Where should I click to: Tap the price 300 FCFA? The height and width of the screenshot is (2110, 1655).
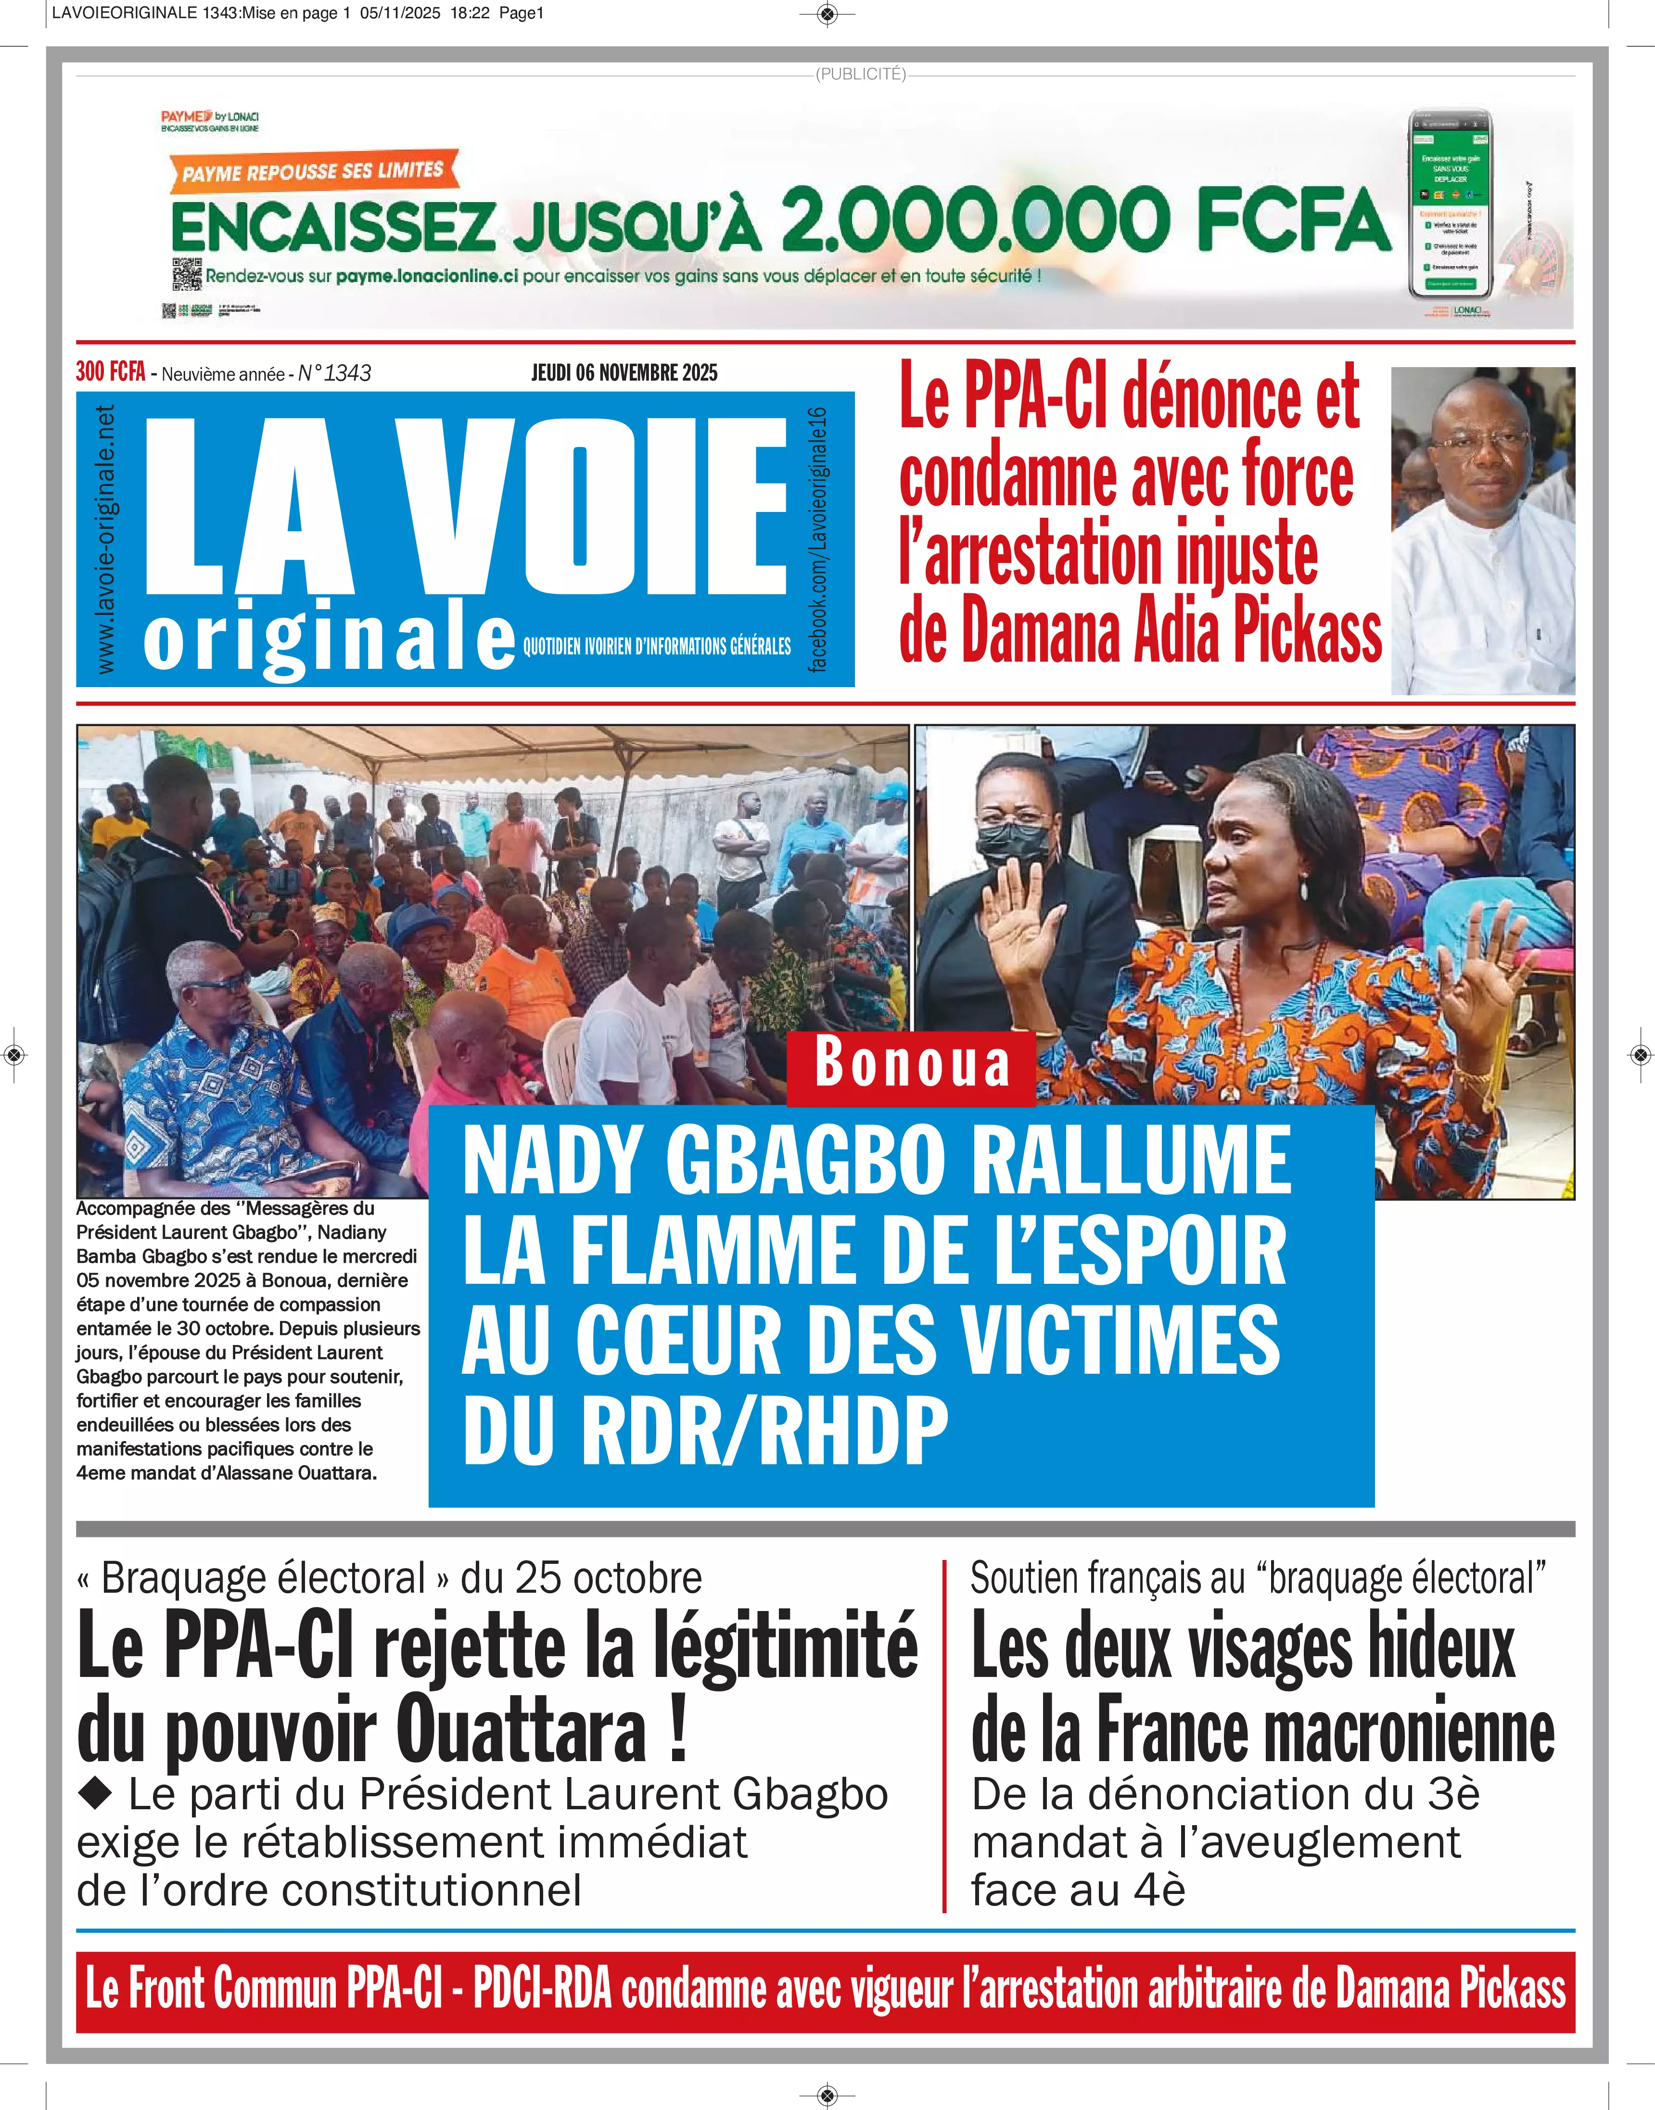click(x=111, y=372)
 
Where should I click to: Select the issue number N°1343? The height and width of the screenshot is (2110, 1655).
click(x=334, y=373)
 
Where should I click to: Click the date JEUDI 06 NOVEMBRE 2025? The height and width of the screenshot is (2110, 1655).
click(x=624, y=373)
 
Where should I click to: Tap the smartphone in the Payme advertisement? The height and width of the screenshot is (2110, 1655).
click(x=1450, y=204)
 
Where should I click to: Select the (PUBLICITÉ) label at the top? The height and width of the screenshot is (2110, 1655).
click(x=860, y=74)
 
